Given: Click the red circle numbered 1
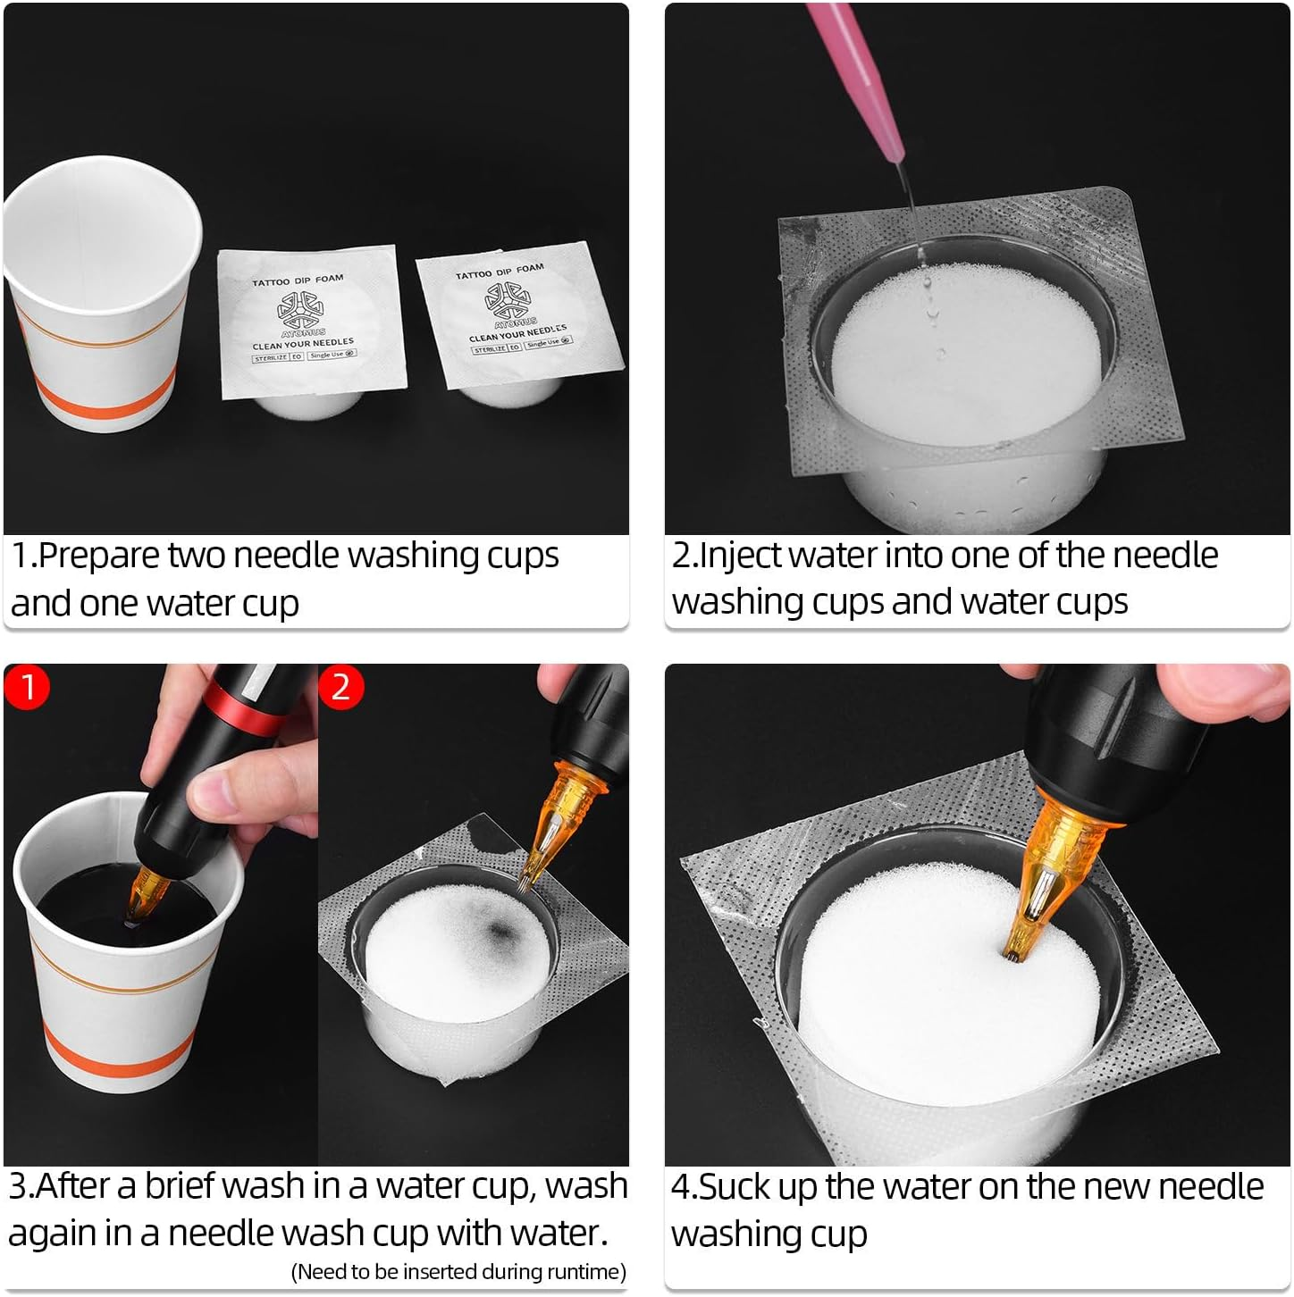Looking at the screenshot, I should point(28,687).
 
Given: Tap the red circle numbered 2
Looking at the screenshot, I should point(340,687).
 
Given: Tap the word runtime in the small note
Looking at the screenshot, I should point(582,1272).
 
